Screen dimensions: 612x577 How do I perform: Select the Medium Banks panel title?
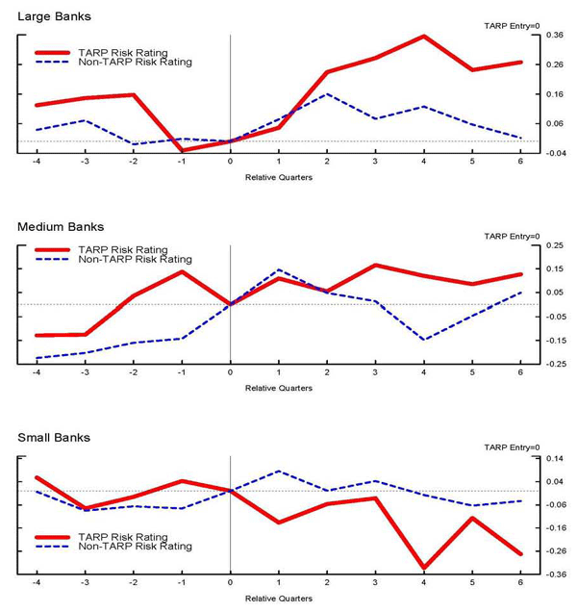[61, 227]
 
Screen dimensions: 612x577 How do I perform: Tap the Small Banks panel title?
[54, 438]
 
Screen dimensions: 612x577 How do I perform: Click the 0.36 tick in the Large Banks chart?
[554, 36]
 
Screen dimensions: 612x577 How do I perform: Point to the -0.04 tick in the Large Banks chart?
[554, 153]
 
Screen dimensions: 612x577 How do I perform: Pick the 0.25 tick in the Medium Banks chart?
[554, 245]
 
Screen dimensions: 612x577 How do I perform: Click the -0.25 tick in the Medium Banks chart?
[554, 364]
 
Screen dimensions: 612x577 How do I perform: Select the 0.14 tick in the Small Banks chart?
[554, 458]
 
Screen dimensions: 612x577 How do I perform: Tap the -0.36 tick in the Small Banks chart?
[554, 574]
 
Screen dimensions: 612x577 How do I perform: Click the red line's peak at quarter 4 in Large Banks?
[424, 37]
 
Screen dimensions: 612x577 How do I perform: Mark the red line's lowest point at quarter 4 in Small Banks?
[424, 569]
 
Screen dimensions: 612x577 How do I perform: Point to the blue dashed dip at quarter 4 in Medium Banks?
[424, 340]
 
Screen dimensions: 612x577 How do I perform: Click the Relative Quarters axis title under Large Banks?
[278, 178]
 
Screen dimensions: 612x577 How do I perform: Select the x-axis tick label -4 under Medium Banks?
[37, 373]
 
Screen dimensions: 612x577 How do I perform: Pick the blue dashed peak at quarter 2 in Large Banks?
[327, 94]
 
